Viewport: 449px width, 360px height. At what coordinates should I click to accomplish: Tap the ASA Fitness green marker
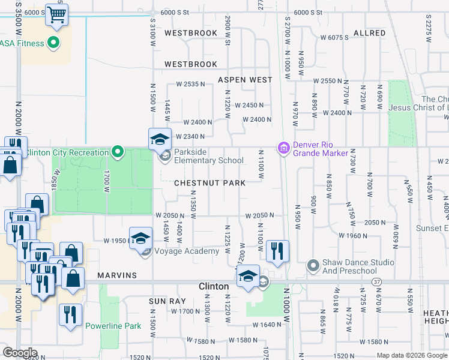point(53,43)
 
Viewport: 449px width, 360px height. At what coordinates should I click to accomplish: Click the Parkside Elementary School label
point(208,157)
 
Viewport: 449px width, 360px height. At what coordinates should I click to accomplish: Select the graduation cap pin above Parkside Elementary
point(160,139)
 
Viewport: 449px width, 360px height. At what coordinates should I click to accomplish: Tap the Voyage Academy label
point(187,251)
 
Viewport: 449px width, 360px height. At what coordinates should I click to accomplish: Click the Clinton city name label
point(214,287)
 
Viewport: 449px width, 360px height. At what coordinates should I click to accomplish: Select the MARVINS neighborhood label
point(118,275)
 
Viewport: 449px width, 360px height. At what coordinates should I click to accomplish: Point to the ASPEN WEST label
point(245,80)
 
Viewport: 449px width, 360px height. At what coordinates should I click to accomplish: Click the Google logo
point(19,353)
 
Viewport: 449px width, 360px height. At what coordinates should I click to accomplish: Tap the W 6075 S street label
point(334,38)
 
